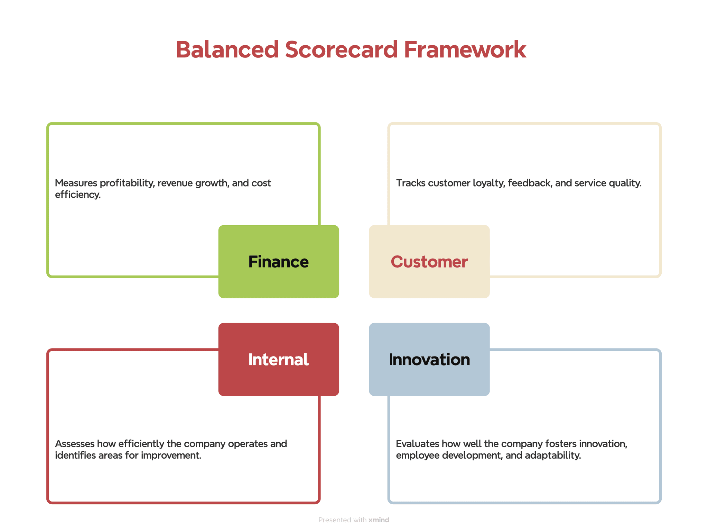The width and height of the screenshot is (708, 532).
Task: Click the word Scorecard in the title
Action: (x=341, y=49)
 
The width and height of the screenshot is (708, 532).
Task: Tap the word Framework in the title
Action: (x=465, y=49)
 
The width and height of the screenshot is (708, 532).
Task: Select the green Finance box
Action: (x=278, y=262)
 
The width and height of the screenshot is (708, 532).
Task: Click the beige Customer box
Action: (x=429, y=262)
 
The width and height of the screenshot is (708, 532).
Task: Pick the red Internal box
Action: (x=278, y=359)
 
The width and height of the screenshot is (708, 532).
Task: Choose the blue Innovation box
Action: (x=429, y=359)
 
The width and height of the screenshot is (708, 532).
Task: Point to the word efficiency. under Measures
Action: (x=78, y=195)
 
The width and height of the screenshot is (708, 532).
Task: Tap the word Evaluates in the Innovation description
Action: (x=417, y=444)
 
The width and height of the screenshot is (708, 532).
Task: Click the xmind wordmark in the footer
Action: (x=379, y=520)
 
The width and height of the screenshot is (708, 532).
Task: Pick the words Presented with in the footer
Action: (x=342, y=520)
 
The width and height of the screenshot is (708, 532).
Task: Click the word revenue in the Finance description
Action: (x=175, y=183)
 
